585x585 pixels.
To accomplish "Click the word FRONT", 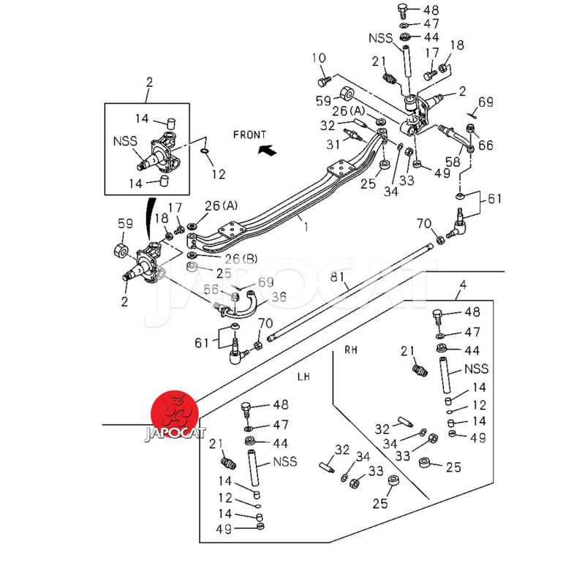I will point(250,135).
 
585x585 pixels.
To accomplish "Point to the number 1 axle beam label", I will point(306,227).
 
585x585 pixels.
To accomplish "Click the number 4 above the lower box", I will point(462,284).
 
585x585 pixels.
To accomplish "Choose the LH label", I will point(303,376).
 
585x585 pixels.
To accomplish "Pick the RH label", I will point(352,350).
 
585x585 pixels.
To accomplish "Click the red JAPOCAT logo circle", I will point(173,412).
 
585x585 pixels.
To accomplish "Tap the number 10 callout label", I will point(319,58).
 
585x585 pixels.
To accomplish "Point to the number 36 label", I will point(279,297).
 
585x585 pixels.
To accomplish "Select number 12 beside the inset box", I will point(218,174).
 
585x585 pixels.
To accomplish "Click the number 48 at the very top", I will point(431,10).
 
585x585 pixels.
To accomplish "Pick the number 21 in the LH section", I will point(215,444).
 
